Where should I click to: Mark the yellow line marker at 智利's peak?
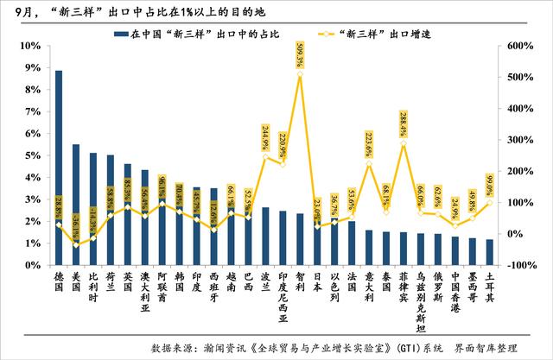[x=300, y=75]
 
